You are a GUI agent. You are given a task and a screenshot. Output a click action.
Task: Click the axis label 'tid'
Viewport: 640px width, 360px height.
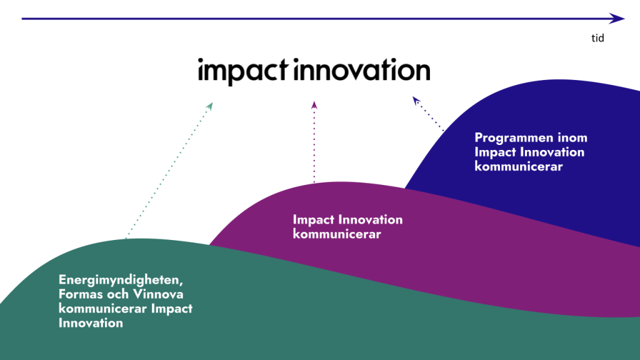point(597,38)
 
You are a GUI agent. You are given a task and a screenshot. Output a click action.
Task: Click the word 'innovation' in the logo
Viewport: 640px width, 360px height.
point(361,71)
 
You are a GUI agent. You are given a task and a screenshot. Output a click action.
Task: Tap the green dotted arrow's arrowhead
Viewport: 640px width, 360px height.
point(210,106)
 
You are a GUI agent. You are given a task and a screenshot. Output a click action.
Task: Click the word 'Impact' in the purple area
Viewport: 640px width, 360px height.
point(314,220)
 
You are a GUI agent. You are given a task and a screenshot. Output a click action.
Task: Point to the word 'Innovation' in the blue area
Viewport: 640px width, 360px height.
point(553,152)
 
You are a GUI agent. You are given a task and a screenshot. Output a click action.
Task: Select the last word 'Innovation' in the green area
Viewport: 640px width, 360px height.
point(91,323)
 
